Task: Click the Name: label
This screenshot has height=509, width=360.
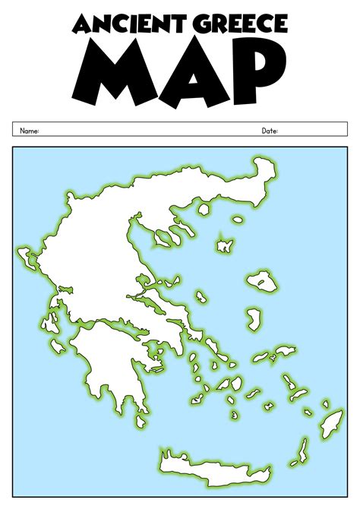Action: (29, 131)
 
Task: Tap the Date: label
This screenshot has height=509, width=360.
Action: (270, 131)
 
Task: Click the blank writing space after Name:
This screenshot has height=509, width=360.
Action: (137, 131)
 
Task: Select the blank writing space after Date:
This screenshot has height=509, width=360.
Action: (311, 131)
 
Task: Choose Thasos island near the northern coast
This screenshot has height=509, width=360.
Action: (203, 207)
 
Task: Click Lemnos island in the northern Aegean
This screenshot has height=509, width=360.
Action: (224, 245)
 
